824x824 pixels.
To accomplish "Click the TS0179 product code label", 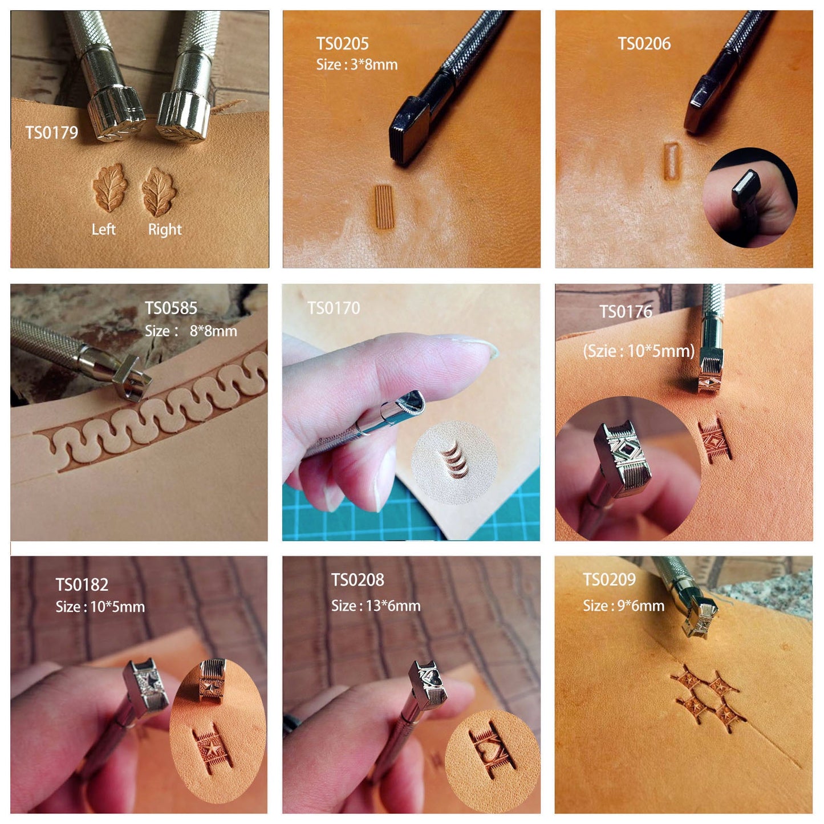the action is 52,132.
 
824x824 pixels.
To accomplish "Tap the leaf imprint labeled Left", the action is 110,188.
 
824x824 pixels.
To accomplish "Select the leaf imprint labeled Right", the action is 159,192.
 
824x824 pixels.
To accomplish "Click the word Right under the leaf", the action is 165,230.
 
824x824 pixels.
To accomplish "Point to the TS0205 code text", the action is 342,43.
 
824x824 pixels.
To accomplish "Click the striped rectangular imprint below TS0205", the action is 384,207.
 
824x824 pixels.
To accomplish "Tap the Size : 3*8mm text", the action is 356,64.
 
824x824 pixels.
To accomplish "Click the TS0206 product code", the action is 644,43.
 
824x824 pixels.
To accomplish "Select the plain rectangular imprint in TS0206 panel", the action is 671,161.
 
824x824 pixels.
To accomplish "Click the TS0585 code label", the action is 171,308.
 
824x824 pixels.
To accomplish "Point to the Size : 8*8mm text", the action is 190,331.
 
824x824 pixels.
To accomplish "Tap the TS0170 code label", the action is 334,308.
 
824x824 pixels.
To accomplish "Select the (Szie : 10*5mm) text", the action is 639,351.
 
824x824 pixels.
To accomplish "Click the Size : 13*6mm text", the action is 376,606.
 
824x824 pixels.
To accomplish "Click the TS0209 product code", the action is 610,579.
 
